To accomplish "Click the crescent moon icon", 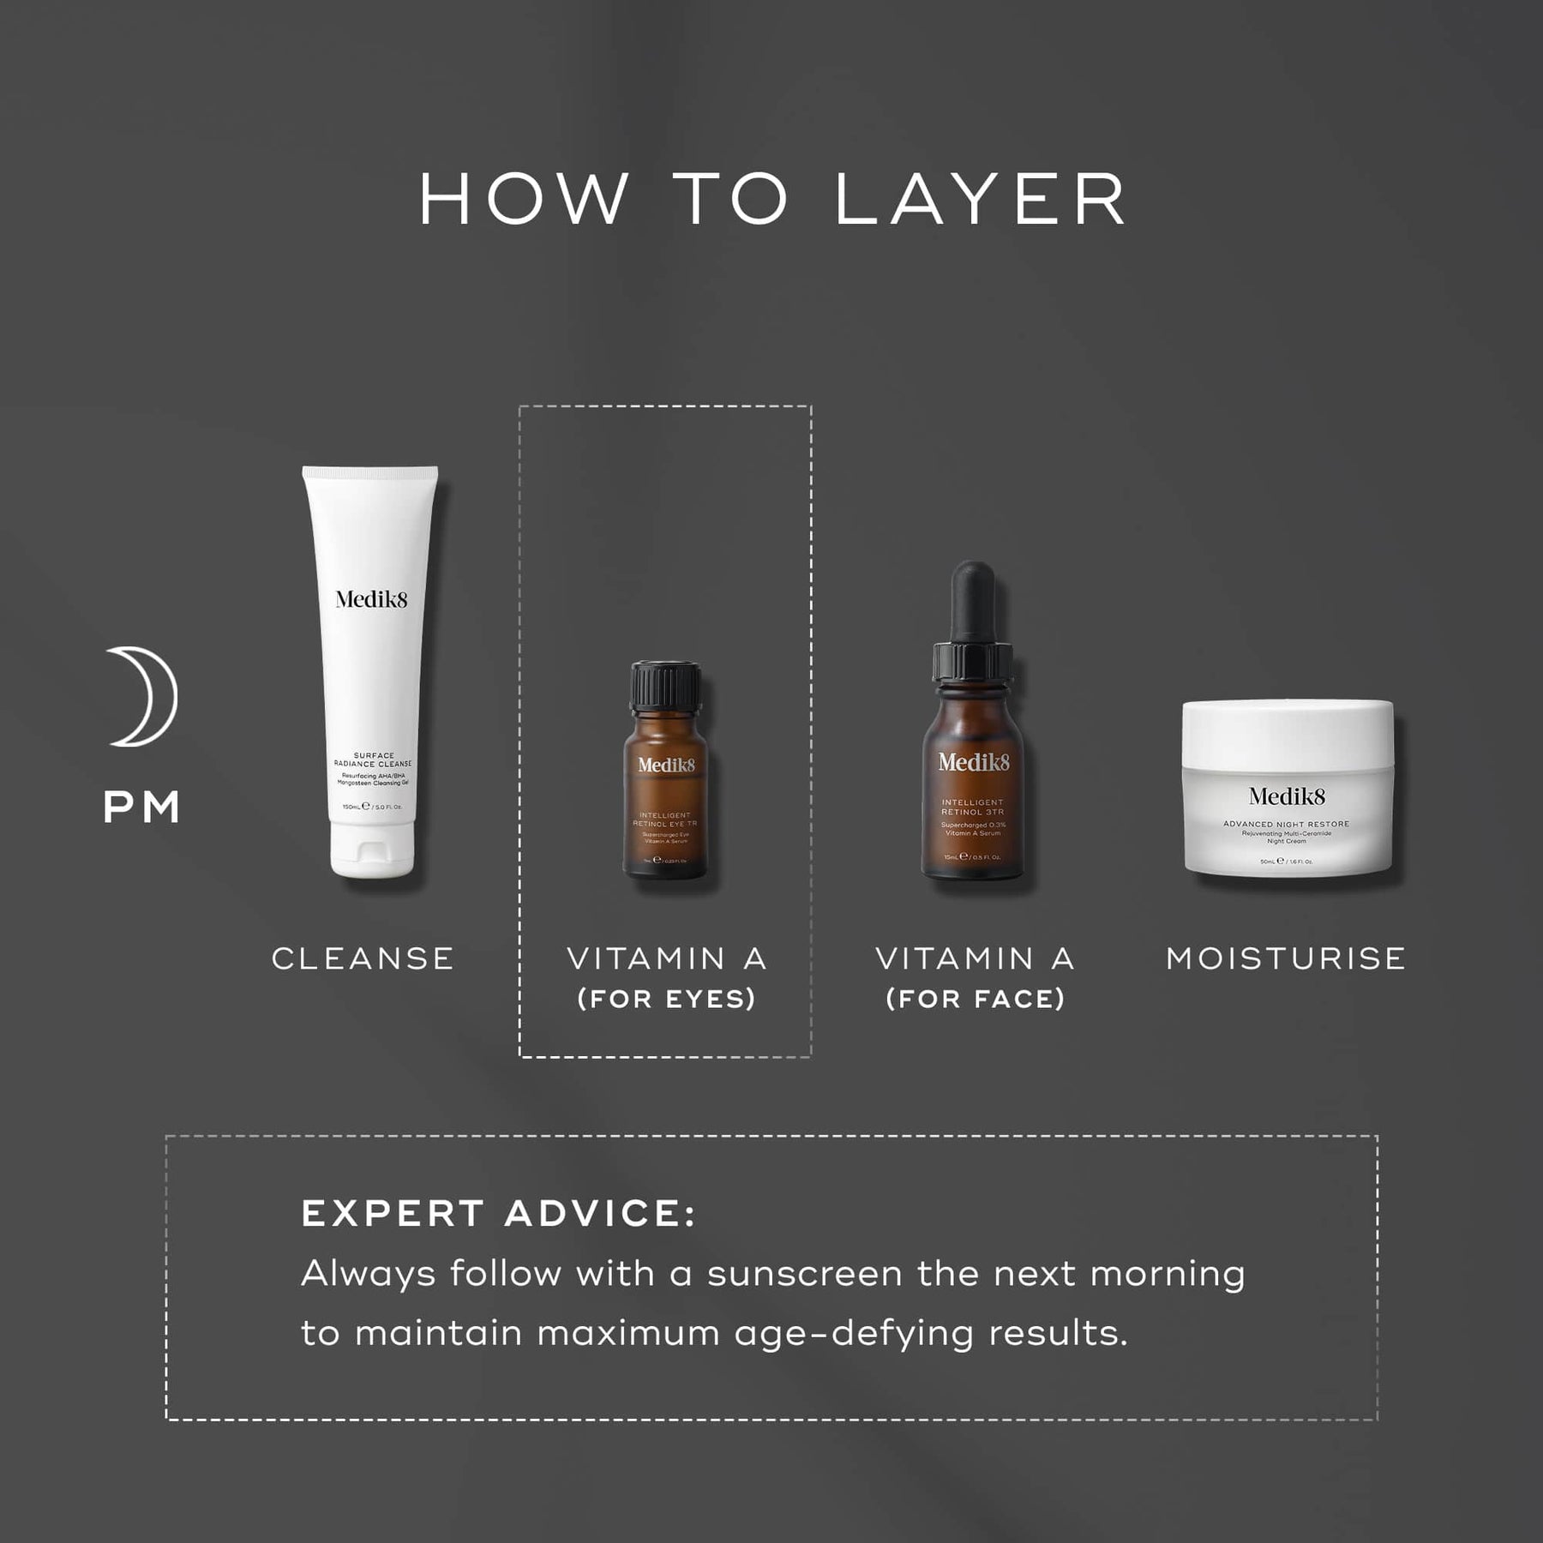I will (x=143, y=696).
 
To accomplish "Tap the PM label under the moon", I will (x=141, y=808).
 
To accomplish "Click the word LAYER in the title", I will (x=981, y=201).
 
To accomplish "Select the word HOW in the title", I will (x=525, y=201).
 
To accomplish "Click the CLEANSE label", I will (x=363, y=958).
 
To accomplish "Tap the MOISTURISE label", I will (x=1286, y=958).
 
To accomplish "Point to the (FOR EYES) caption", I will (x=666, y=999).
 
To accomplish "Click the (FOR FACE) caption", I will (x=975, y=999).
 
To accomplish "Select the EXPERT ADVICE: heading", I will (x=499, y=1213).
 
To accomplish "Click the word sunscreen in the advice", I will (x=805, y=1274).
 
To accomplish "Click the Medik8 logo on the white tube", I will (x=371, y=599).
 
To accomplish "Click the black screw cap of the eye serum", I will (x=666, y=686).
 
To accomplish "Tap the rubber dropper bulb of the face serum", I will (x=974, y=600).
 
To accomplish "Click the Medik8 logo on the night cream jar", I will (x=1287, y=796).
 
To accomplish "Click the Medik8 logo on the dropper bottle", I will (x=974, y=761).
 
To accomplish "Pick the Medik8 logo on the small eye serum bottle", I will (x=666, y=765).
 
